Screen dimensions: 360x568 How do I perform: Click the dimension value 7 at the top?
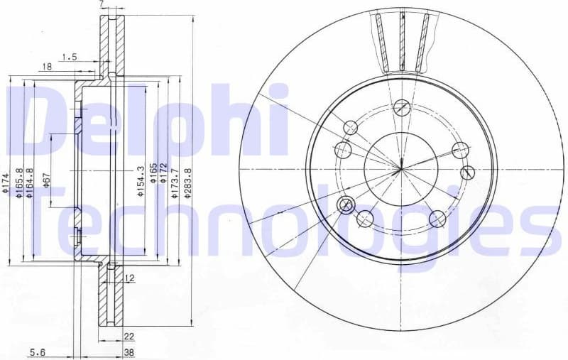pyautogui.click(x=102, y=5)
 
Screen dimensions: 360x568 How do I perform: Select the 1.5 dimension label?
pyautogui.click(x=69, y=56)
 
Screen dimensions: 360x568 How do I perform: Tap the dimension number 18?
pyautogui.click(x=47, y=67)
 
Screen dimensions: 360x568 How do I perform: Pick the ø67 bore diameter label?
pyautogui.click(x=47, y=180)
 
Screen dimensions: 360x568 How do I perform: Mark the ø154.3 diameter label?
pyautogui.click(x=141, y=180)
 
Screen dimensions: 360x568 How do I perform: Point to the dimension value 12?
pyautogui.click(x=129, y=278)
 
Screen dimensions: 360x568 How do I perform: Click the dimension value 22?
pyautogui.click(x=129, y=337)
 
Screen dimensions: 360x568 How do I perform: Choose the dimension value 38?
pyautogui.click(x=129, y=352)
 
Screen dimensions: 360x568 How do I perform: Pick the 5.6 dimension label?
pyautogui.click(x=38, y=352)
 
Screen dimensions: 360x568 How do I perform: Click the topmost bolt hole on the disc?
pyautogui.click(x=402, y=108)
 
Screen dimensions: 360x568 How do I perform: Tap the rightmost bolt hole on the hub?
pyautogui.click(x=467, y=173)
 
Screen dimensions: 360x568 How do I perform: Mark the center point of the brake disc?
pyautogui.click(x=401, y=168)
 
